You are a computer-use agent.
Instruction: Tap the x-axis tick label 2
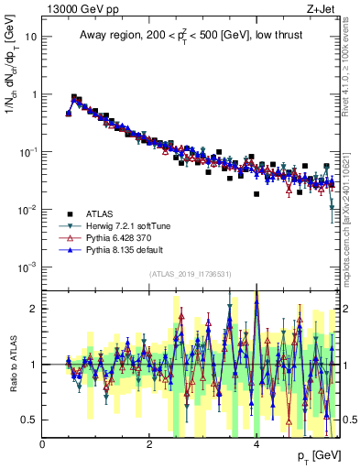coord(149,444)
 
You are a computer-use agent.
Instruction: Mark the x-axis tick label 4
coord(256,444)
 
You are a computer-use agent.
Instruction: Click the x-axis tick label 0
coord(43,444)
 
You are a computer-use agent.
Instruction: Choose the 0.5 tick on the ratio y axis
coord(30,420)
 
